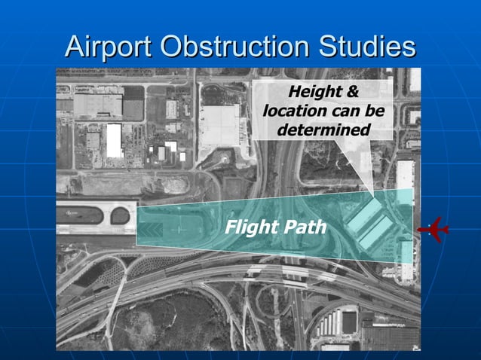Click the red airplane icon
[434, 227]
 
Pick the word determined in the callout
[323, 130]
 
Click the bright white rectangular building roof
[114, 140]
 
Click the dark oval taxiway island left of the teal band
[121, 216]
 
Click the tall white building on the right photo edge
[405, 178]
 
